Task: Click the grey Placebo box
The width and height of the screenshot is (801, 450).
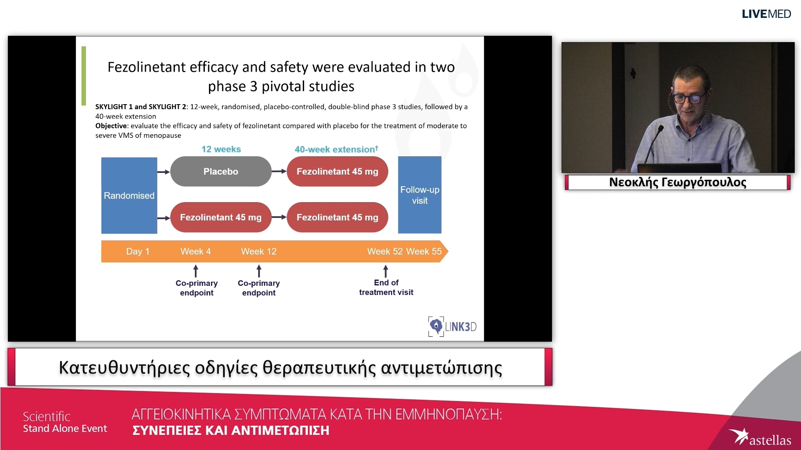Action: tap(221, 171)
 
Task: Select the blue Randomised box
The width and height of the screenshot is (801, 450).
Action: tap(129, 195)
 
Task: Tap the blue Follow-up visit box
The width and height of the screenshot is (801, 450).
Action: tap(419, 195)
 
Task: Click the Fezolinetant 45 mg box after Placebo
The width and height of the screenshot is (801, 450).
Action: tap(337, 171)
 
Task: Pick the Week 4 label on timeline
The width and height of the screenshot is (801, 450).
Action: tap(195, 251)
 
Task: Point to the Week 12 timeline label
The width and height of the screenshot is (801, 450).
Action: tap(259, 251)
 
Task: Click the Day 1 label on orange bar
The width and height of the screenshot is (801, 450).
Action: tap(138, 251)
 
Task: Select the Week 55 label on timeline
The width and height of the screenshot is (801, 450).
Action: tap(423, 251)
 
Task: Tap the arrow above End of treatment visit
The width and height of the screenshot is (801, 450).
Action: tap(385, 271)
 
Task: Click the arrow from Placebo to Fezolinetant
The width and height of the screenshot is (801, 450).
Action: tap(279, 171)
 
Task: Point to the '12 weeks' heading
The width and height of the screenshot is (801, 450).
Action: tap(221, 149)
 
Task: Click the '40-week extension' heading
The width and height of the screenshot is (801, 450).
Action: tap(336, 149)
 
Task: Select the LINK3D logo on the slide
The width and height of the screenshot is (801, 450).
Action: tap(452, 326)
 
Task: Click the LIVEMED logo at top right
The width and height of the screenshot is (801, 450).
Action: tap(766, 14)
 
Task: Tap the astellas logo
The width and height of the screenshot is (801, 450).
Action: tap(760, 438)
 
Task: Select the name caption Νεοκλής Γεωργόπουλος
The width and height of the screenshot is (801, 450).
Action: tap(678, 182)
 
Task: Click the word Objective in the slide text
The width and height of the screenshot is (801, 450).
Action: tap(111, 126)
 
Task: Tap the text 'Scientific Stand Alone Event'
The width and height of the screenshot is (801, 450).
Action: tap(65, 422)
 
